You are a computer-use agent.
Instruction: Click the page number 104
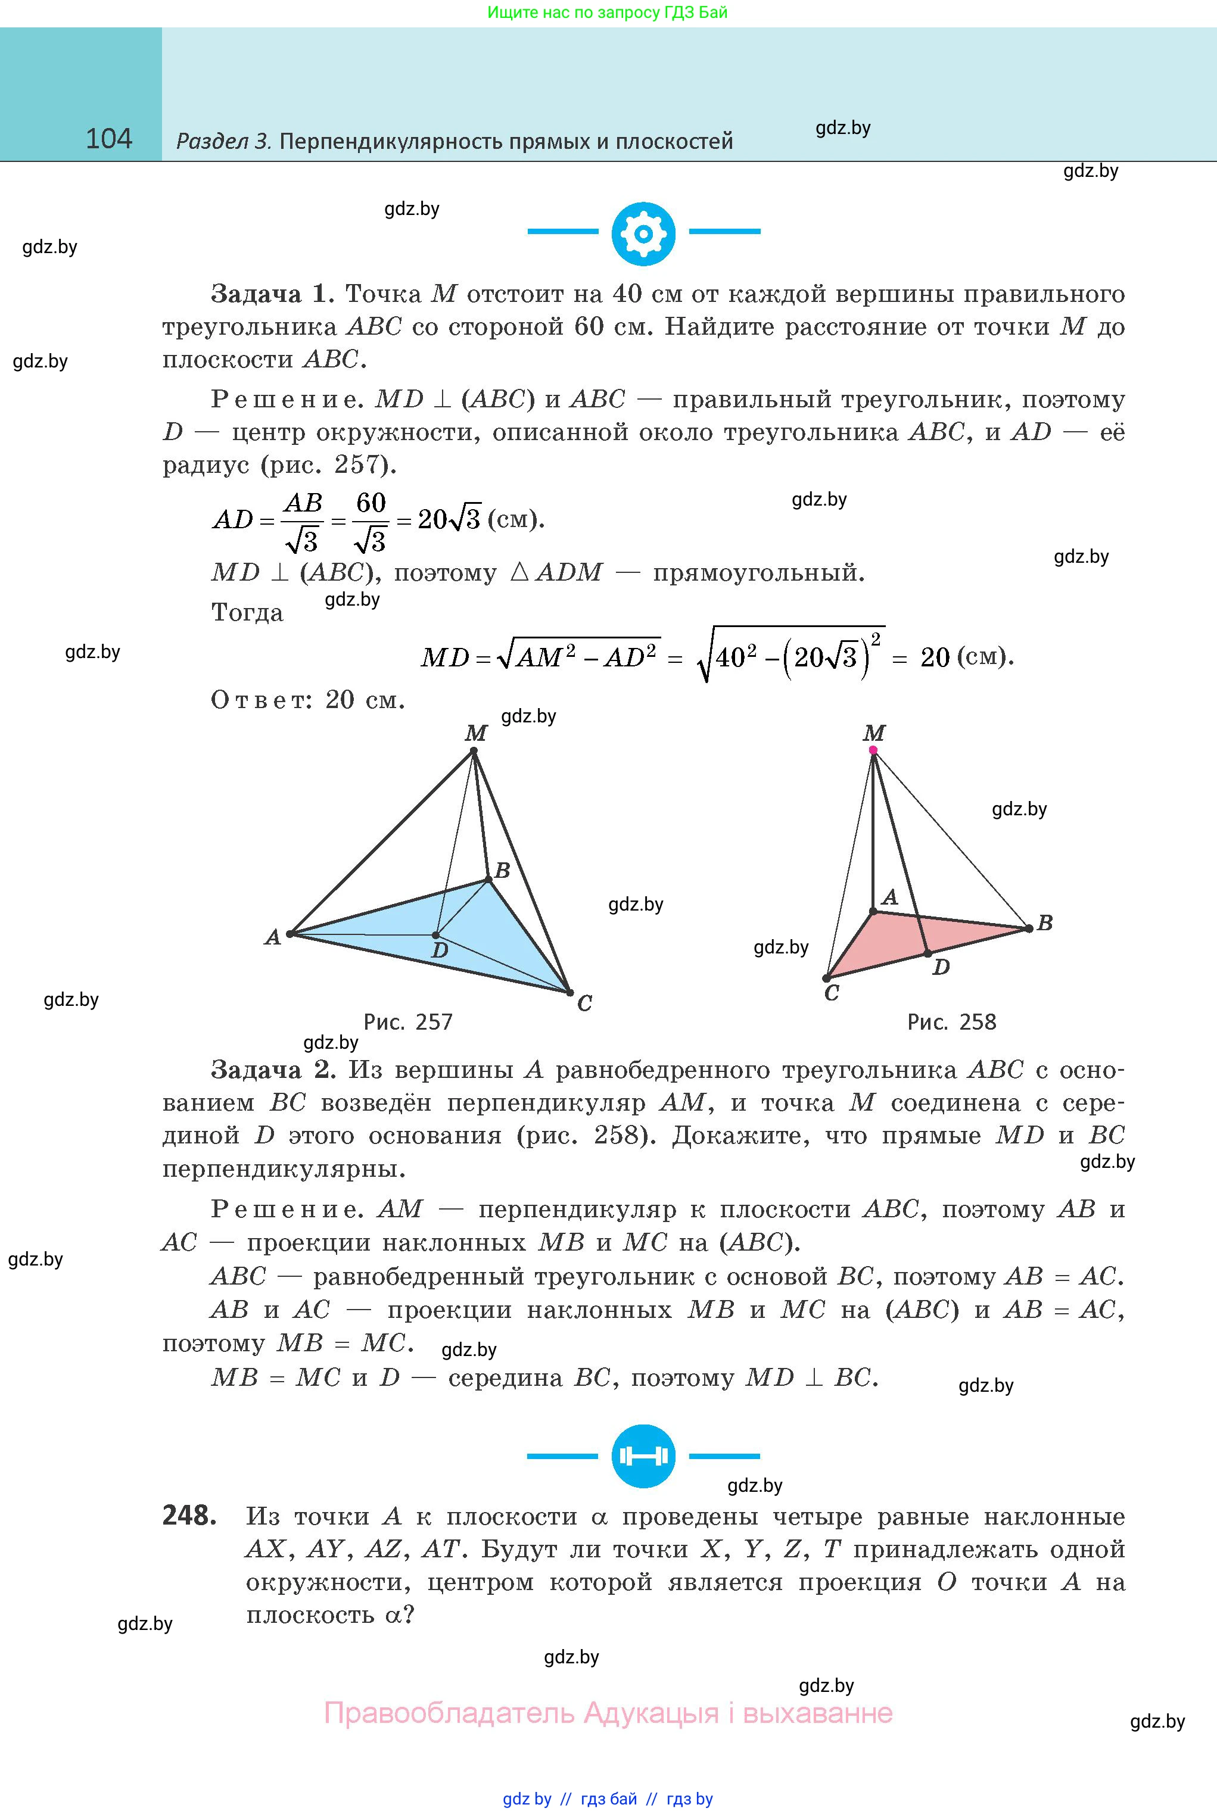pos(108,139)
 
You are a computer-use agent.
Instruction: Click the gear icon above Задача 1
pos(643,233)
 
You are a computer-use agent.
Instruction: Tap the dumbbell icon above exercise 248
pos(643,1455)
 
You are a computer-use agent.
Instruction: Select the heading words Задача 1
pos(272,294)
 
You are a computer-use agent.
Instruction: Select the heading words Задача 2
pos(272,1070)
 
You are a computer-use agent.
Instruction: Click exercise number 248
pos(189,1514)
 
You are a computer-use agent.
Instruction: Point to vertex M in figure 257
pos(475,750)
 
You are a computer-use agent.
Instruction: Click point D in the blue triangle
pos(436,935)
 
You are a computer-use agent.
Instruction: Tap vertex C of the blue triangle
pos(569,992)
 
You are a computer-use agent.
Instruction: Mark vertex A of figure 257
pos(290,934)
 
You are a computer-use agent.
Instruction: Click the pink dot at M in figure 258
pos(873,750)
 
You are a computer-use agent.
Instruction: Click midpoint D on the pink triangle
pos(927,953)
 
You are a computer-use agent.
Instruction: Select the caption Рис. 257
pos(407,1022)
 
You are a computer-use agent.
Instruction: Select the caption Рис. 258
pos(951,1022)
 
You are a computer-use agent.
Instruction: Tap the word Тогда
pos(247,613)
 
